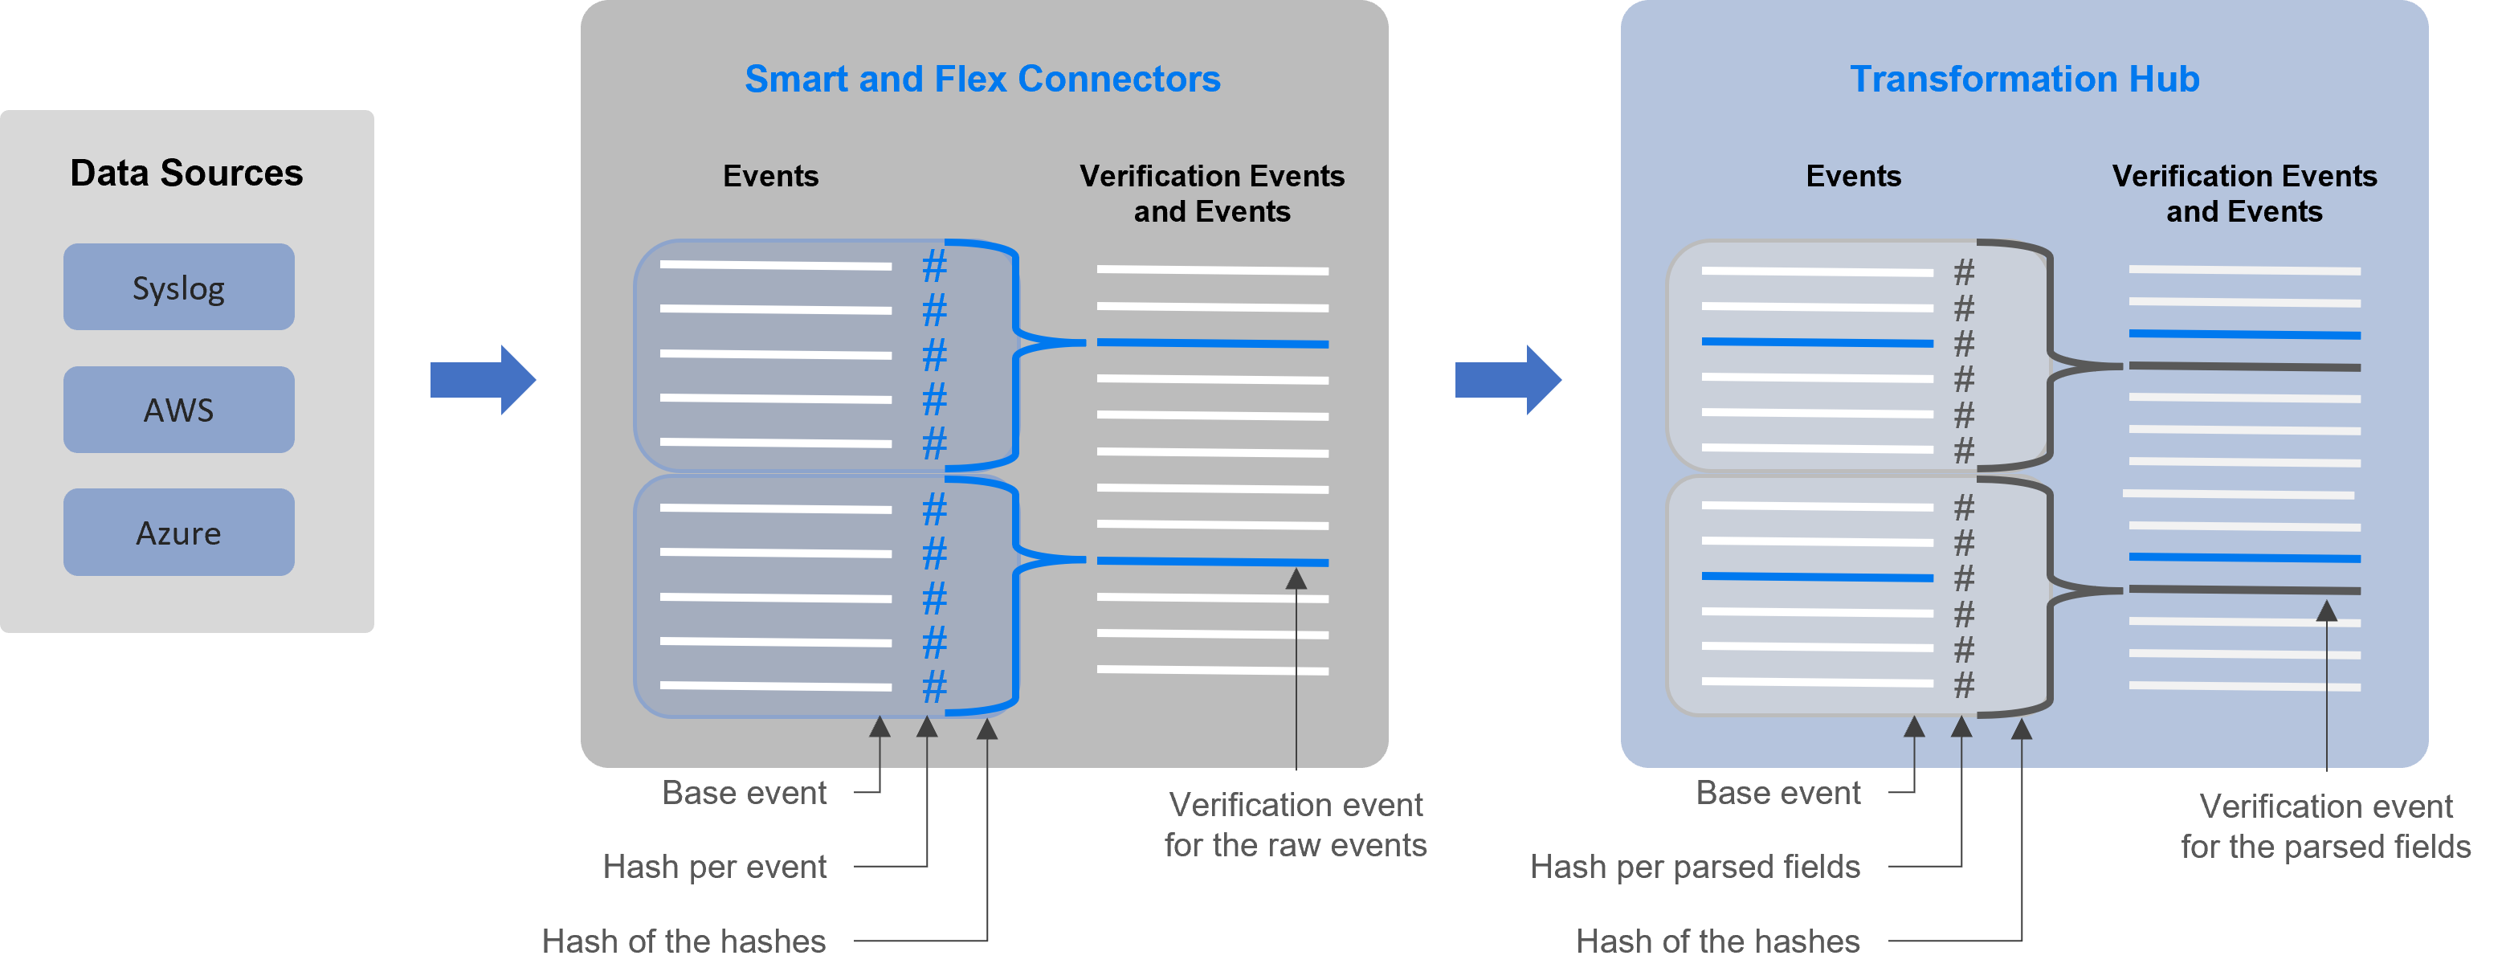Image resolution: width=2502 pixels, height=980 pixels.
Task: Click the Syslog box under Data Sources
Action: pos(178,288)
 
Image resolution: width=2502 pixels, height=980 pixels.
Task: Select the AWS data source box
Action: pos(178,410)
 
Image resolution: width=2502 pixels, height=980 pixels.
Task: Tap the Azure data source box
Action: pos(178,533)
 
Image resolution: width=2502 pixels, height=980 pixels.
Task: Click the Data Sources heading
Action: pos(186,173)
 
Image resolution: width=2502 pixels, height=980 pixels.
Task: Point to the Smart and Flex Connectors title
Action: pos(982,79)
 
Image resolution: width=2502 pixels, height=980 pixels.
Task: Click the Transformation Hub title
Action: pos(2024,79)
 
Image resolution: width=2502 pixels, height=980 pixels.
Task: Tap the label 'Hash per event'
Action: pos(714,867)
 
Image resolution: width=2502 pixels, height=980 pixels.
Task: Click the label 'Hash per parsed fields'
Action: pos(1695,867)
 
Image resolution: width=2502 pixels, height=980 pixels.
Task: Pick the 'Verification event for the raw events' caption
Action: pos(1296,825)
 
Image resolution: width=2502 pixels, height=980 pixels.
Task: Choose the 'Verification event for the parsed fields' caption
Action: pos(2325,827)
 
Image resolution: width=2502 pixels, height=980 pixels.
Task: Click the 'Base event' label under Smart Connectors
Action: pos(744,793)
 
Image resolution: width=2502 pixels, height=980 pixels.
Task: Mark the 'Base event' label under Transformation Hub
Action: pos(1778,793)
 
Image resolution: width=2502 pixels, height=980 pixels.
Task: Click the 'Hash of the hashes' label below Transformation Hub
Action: pos(1717,941)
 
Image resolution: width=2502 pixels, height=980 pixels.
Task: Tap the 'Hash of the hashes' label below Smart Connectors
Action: pos(684,941)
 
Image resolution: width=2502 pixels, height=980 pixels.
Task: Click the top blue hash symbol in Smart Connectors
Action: pos(934,265)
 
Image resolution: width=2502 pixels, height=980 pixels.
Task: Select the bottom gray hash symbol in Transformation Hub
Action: pos(1964,686)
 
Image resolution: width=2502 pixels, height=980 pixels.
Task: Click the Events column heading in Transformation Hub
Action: pos(1853,176)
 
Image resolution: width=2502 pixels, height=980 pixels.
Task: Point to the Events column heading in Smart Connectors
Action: pos(770,176)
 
